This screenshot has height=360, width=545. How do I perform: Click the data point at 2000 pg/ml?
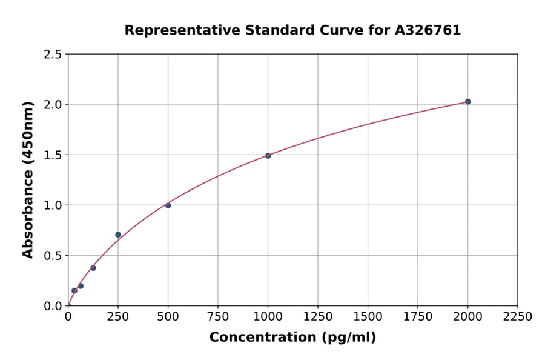point(467,102)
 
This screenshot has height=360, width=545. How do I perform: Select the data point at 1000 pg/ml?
point(268,156)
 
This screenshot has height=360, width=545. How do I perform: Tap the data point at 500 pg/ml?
point(168,205)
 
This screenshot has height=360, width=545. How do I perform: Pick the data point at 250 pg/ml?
point(118,235)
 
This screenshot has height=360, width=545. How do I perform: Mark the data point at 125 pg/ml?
point(93,268)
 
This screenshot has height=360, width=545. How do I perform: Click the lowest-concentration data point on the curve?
point(74,290)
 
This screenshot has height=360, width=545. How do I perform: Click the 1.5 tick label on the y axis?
point(53,155)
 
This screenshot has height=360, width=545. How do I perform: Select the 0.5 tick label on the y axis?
point(53,256)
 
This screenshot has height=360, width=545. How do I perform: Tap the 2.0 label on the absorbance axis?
point(53,105)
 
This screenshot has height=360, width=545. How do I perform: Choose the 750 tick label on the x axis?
point(218,316)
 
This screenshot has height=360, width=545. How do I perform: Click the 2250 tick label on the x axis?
point(517,316)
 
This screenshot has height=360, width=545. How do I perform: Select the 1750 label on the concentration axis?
point(418,316)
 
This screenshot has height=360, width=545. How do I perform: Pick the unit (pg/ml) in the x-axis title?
point(348,338)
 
